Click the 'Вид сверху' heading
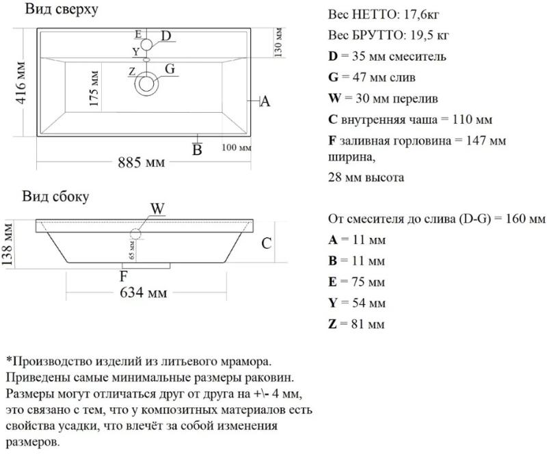pos(62,10)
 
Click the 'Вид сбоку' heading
pos(55,196)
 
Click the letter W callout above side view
pos(157,209)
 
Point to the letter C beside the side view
pos(267,243)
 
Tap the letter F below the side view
pos(124,277)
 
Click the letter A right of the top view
pos(266,102)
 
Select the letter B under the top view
pos(197,149)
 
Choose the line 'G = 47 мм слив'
pos(372,78)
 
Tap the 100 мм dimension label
pos(237,148)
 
